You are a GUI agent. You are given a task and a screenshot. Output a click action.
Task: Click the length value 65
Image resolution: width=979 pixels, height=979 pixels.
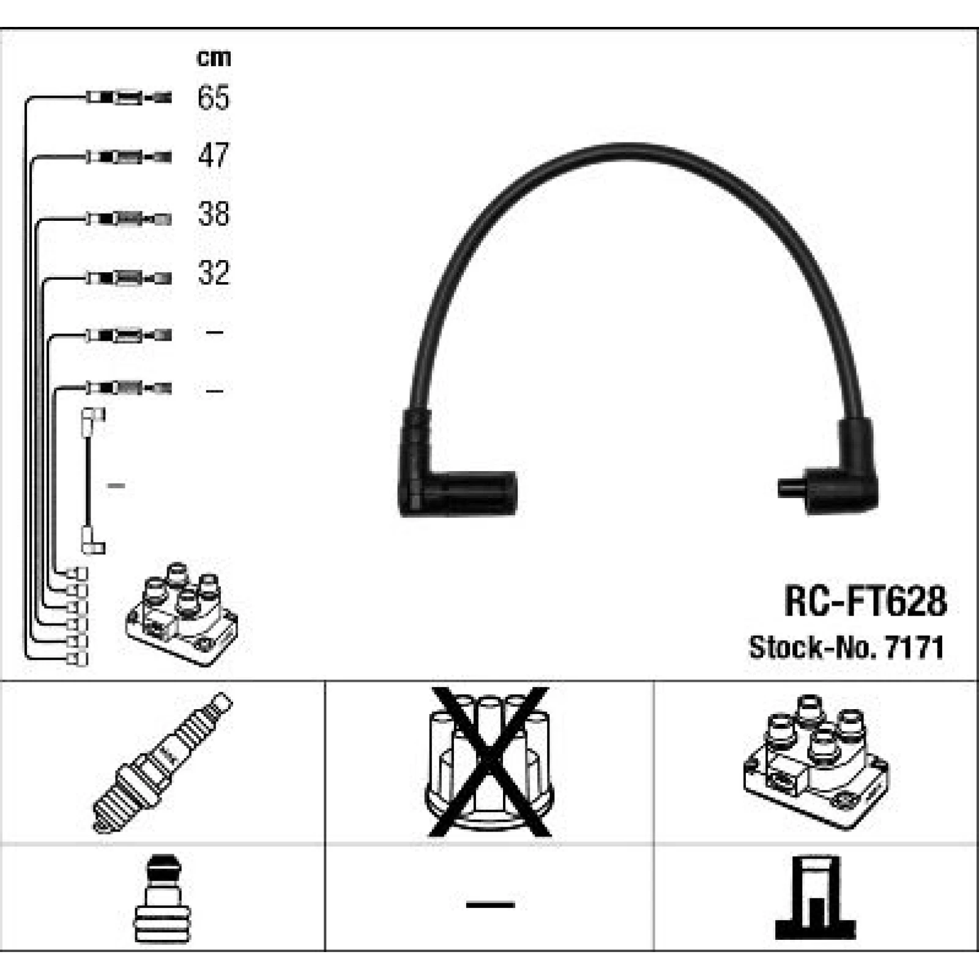coord(214,97)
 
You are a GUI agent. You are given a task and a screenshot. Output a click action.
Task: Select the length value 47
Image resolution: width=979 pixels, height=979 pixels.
coord(214,155)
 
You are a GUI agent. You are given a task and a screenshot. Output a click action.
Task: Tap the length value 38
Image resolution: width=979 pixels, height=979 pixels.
coord(214,214)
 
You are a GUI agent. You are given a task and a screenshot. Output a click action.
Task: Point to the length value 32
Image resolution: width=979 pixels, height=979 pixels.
coord(214,272)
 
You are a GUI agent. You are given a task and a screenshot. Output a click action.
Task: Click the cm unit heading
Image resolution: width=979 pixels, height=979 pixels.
coord(214,58)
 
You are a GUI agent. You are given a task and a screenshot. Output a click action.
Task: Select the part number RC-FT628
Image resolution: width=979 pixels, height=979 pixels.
coord(865,601)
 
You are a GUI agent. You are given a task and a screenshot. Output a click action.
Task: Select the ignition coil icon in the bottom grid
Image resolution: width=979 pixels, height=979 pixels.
coord(816,762)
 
